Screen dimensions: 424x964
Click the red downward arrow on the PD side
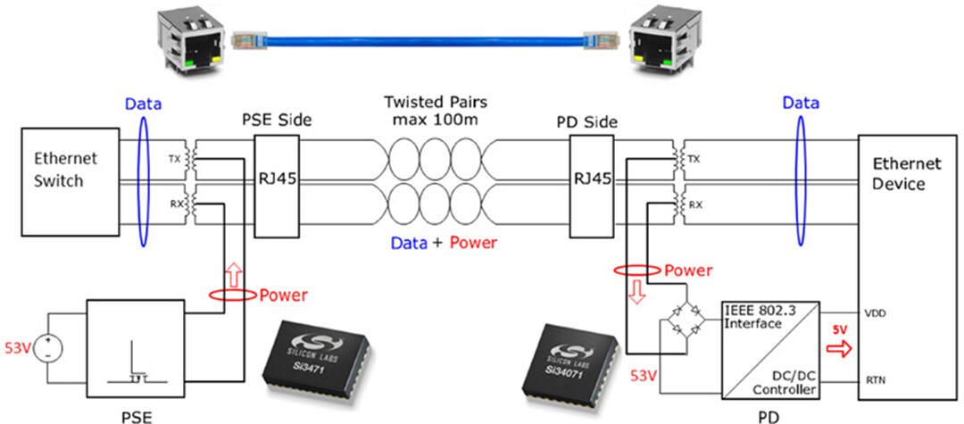click(637, 292)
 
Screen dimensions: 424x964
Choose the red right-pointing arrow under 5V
click(839, 347)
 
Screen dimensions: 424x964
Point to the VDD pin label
click(876, 313)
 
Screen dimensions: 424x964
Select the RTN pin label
click(876, 380)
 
